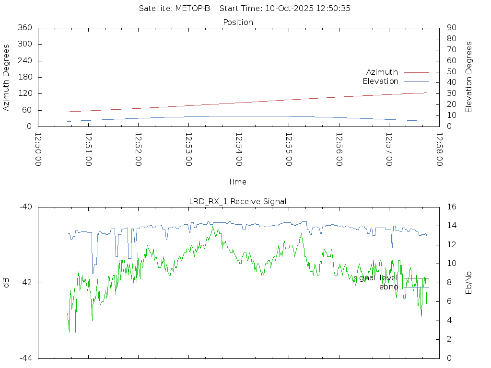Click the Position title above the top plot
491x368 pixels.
click(x=238, y=22)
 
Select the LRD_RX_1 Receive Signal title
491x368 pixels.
click(x=238, y=201)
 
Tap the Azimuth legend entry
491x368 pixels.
click(x=382, y=72)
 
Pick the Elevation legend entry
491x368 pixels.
click(x=380, y=81)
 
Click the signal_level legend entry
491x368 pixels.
click(x=375, y=277)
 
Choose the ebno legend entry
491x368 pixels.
click(x=388, y=287)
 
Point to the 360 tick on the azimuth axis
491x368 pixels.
click(x=24, y=28)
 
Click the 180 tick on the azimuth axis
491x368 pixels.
click(x=24, y=77)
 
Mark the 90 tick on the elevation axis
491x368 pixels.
click(x=451, y=28)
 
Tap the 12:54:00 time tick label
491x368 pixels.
click(x=238, y=149)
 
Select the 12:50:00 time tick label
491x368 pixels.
click(x=38, y=149)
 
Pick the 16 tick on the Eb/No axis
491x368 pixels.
click(x=451, y=207)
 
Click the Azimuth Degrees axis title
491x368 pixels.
click(x=6, y=77)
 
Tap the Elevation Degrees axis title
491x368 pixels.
click(x=469, y=77)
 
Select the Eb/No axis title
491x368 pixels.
click(x=469, y=283)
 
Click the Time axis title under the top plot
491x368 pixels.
click(x=237, y=182)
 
